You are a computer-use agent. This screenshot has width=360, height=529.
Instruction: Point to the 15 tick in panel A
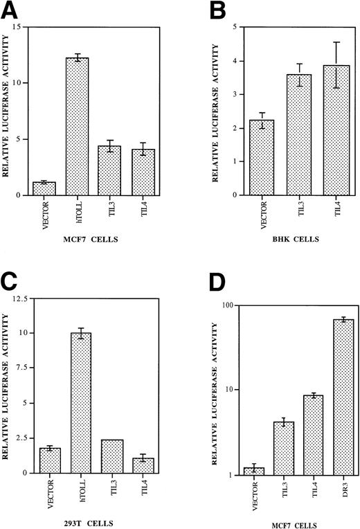pyautogui.click(x=21, y=27)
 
